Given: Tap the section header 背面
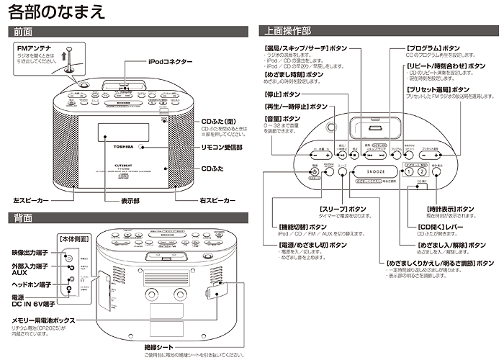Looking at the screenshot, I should [22, 217].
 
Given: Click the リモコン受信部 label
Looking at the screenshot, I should [227, 147].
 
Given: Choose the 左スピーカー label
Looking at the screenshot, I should [32, 199].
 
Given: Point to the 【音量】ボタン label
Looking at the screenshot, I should [281, 118].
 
